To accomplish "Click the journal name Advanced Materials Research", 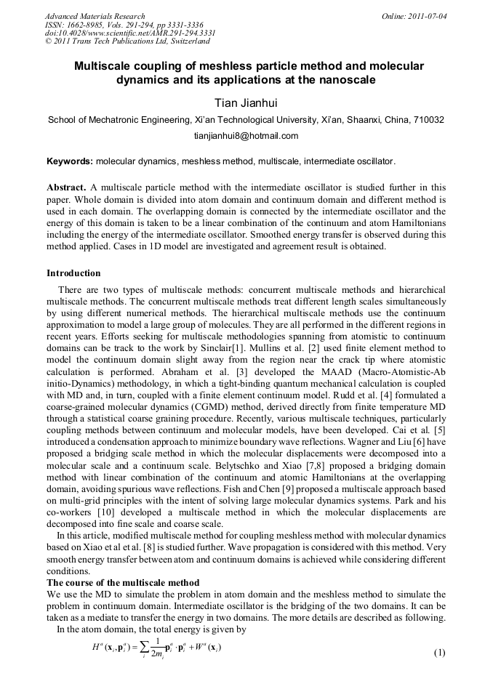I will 95,16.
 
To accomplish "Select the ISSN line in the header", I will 124,25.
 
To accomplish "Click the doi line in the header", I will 129,33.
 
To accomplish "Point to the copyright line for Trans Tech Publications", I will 127,42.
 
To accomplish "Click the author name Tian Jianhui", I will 246,102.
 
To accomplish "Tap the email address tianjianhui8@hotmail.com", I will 246,136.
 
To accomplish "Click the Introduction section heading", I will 73,273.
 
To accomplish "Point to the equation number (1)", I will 439,652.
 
